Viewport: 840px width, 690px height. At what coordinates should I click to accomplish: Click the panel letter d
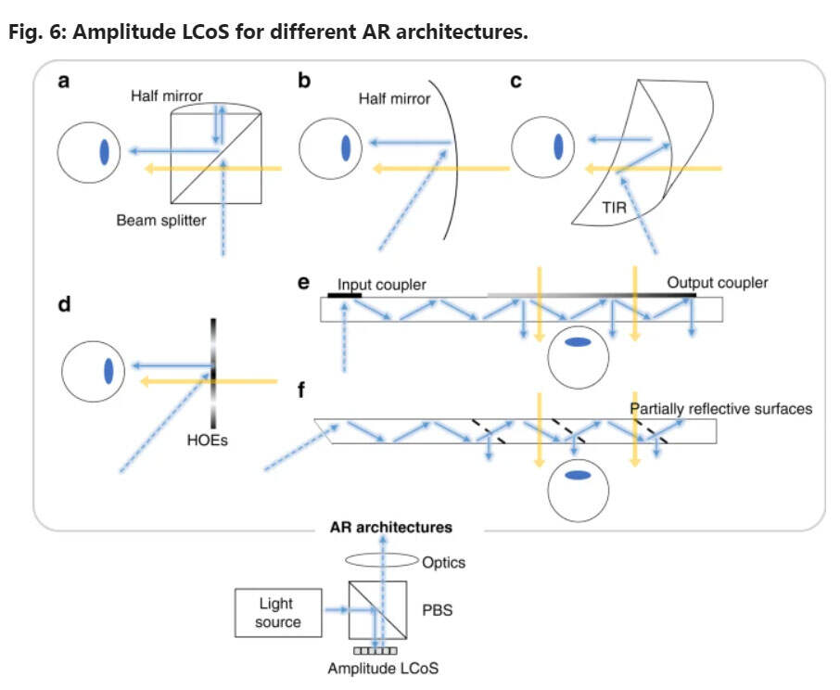(x=65, y=304)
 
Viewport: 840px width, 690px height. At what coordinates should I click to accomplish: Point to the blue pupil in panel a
(x=104, y=149)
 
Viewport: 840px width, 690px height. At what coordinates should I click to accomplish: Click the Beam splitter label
(x=161, y=221)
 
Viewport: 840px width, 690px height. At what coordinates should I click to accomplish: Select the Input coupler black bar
(x=345, y=294)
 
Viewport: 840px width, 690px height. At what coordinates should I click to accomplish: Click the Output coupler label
(x=718, y=282)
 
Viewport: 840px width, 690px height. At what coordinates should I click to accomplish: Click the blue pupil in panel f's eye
(x=579, y=477)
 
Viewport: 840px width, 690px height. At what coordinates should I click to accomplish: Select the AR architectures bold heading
(x=391, y=527)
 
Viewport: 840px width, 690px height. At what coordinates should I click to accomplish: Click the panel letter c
(x=517, y=81)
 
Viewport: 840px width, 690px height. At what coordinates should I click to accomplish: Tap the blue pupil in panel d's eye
(x=108, y=370)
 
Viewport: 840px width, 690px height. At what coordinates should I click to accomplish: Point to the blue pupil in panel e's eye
(x=579, y=342)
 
